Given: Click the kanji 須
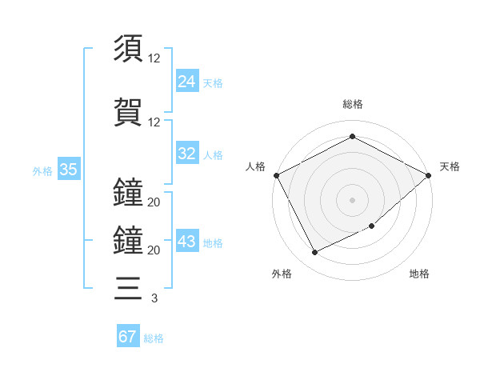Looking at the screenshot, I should [x=128, y=48].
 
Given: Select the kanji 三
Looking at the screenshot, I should [x=128, y=286].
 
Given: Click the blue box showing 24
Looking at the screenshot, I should [x=187, y=81].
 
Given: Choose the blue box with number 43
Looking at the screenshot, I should [x=187, y=242].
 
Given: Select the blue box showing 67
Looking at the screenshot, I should [x=128, y=336].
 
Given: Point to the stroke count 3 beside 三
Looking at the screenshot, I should [x=154, y=298].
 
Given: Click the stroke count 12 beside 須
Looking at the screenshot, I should [x=154, y=58].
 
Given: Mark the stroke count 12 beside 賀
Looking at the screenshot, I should [x=154, y=122].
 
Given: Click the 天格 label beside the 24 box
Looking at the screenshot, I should [x=213, y=82].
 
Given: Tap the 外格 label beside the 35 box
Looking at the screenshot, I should [x=42, y=170].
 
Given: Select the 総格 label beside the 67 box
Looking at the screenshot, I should [x=154, y=338].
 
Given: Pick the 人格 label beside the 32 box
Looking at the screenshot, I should [x=213, y=155].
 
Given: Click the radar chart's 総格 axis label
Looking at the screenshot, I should [x=353, y=104].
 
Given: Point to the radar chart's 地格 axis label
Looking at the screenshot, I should [x=419, y=274].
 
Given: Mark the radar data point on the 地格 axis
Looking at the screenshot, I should [x=372, y=226].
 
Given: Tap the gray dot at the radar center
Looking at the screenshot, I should [x=352, y=199].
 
